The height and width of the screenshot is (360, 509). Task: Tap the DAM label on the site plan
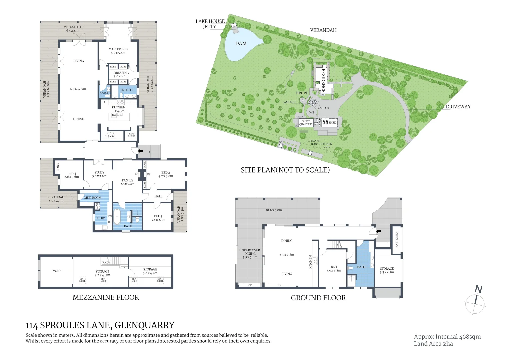click(x=241, y=43)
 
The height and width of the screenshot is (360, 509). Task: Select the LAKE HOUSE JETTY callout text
click(x=210, y=24)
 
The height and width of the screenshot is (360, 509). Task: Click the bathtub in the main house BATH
click(x=117, y=217)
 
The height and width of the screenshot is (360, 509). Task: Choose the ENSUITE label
click(x=127, y=90)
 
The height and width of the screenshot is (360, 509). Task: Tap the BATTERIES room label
click(x=397, y=239)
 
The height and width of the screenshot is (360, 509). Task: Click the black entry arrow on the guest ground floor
click(x=378, y=231)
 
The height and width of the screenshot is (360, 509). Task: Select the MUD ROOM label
click(x=93, y=198)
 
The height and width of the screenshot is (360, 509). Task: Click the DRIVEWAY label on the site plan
click(x=458, y=107)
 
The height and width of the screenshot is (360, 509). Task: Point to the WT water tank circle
click(x=312, y=112)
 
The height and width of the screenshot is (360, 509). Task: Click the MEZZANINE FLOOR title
click(x=106, y=297)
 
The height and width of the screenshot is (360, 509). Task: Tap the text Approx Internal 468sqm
click(x=447, y=337)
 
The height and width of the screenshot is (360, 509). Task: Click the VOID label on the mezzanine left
click(x=57, y=271)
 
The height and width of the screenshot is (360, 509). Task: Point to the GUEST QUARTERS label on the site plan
click(x=306, y=123)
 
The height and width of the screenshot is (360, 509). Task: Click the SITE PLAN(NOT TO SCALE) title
click(x=285, y=170)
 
